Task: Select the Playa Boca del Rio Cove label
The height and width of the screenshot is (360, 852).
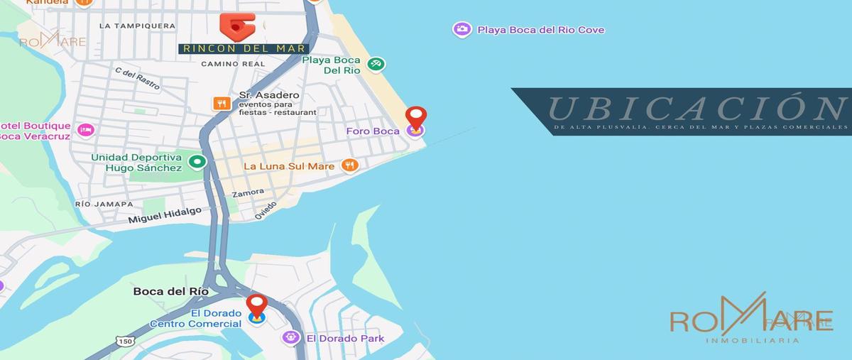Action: click(x=541, y=30)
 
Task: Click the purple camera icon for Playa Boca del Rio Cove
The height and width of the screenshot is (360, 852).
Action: click(x=462, y=29)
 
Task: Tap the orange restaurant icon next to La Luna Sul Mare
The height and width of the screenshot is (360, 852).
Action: click(x=349, y=165)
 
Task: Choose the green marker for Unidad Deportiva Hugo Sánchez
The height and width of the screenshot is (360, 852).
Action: click(x=197, y=163)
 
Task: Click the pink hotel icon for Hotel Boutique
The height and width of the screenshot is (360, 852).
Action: click(x=86, y=130)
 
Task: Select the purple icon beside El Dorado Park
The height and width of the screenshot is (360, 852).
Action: click(x=290, y=338)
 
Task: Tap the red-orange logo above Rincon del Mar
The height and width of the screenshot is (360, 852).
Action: click(x=237, y=26)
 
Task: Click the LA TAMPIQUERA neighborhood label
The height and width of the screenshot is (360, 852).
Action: click(x=137, y=26)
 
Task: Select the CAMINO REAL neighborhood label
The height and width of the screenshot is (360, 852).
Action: click(x=233, y=64)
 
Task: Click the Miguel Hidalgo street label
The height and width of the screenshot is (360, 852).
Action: click(x=165, y=215)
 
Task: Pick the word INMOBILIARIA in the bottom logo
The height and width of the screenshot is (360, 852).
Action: click(x=753, y=341)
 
